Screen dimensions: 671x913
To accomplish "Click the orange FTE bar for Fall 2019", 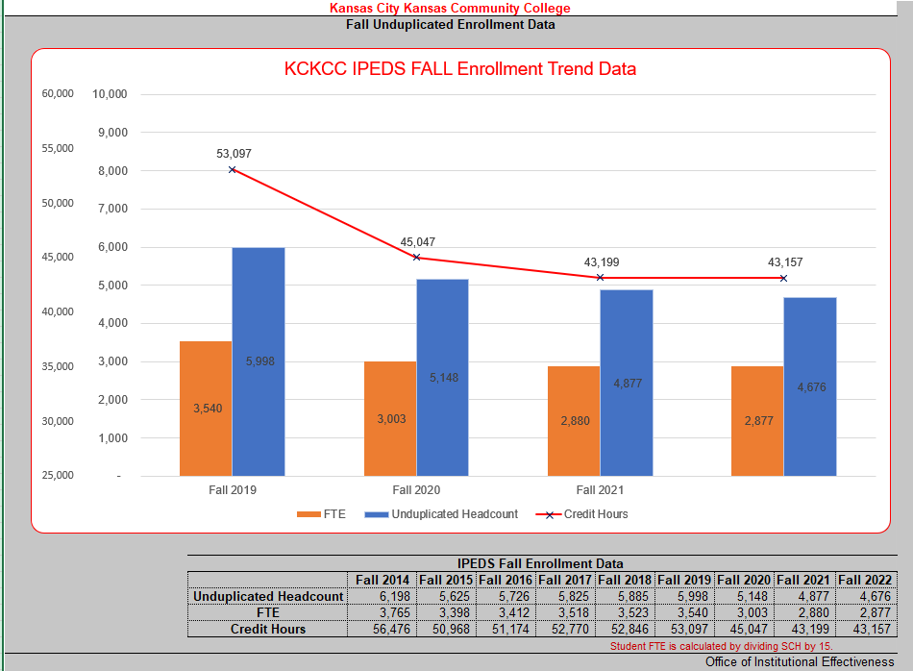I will (x=206, y=409).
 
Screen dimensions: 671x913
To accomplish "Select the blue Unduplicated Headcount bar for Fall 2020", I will (x=442, y=377).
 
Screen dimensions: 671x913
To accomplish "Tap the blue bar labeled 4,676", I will (x=809, y=386).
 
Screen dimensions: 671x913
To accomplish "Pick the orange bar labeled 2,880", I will (x=574, y=421).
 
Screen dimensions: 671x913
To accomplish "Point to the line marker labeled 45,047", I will (x=416, y=258).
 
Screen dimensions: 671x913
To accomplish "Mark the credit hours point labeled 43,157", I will (x=783, y=278).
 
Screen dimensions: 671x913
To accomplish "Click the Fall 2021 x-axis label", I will (x=600, y=489).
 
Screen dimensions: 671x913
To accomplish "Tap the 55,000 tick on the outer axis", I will (x=58, y=148).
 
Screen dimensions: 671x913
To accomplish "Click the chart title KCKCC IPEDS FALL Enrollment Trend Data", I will (x=460, y=69).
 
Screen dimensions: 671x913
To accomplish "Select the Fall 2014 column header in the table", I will (x=382, y=580).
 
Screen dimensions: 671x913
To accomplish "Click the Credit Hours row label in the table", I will (x=268, y=629).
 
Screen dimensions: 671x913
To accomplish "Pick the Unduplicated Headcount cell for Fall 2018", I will (x=625, y=596).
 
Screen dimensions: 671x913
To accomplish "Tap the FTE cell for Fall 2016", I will (x=506, y=612).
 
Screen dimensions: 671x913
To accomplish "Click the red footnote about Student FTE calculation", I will (x=721, y=646).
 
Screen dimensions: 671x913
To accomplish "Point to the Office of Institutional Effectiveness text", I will (x=800, y=662).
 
